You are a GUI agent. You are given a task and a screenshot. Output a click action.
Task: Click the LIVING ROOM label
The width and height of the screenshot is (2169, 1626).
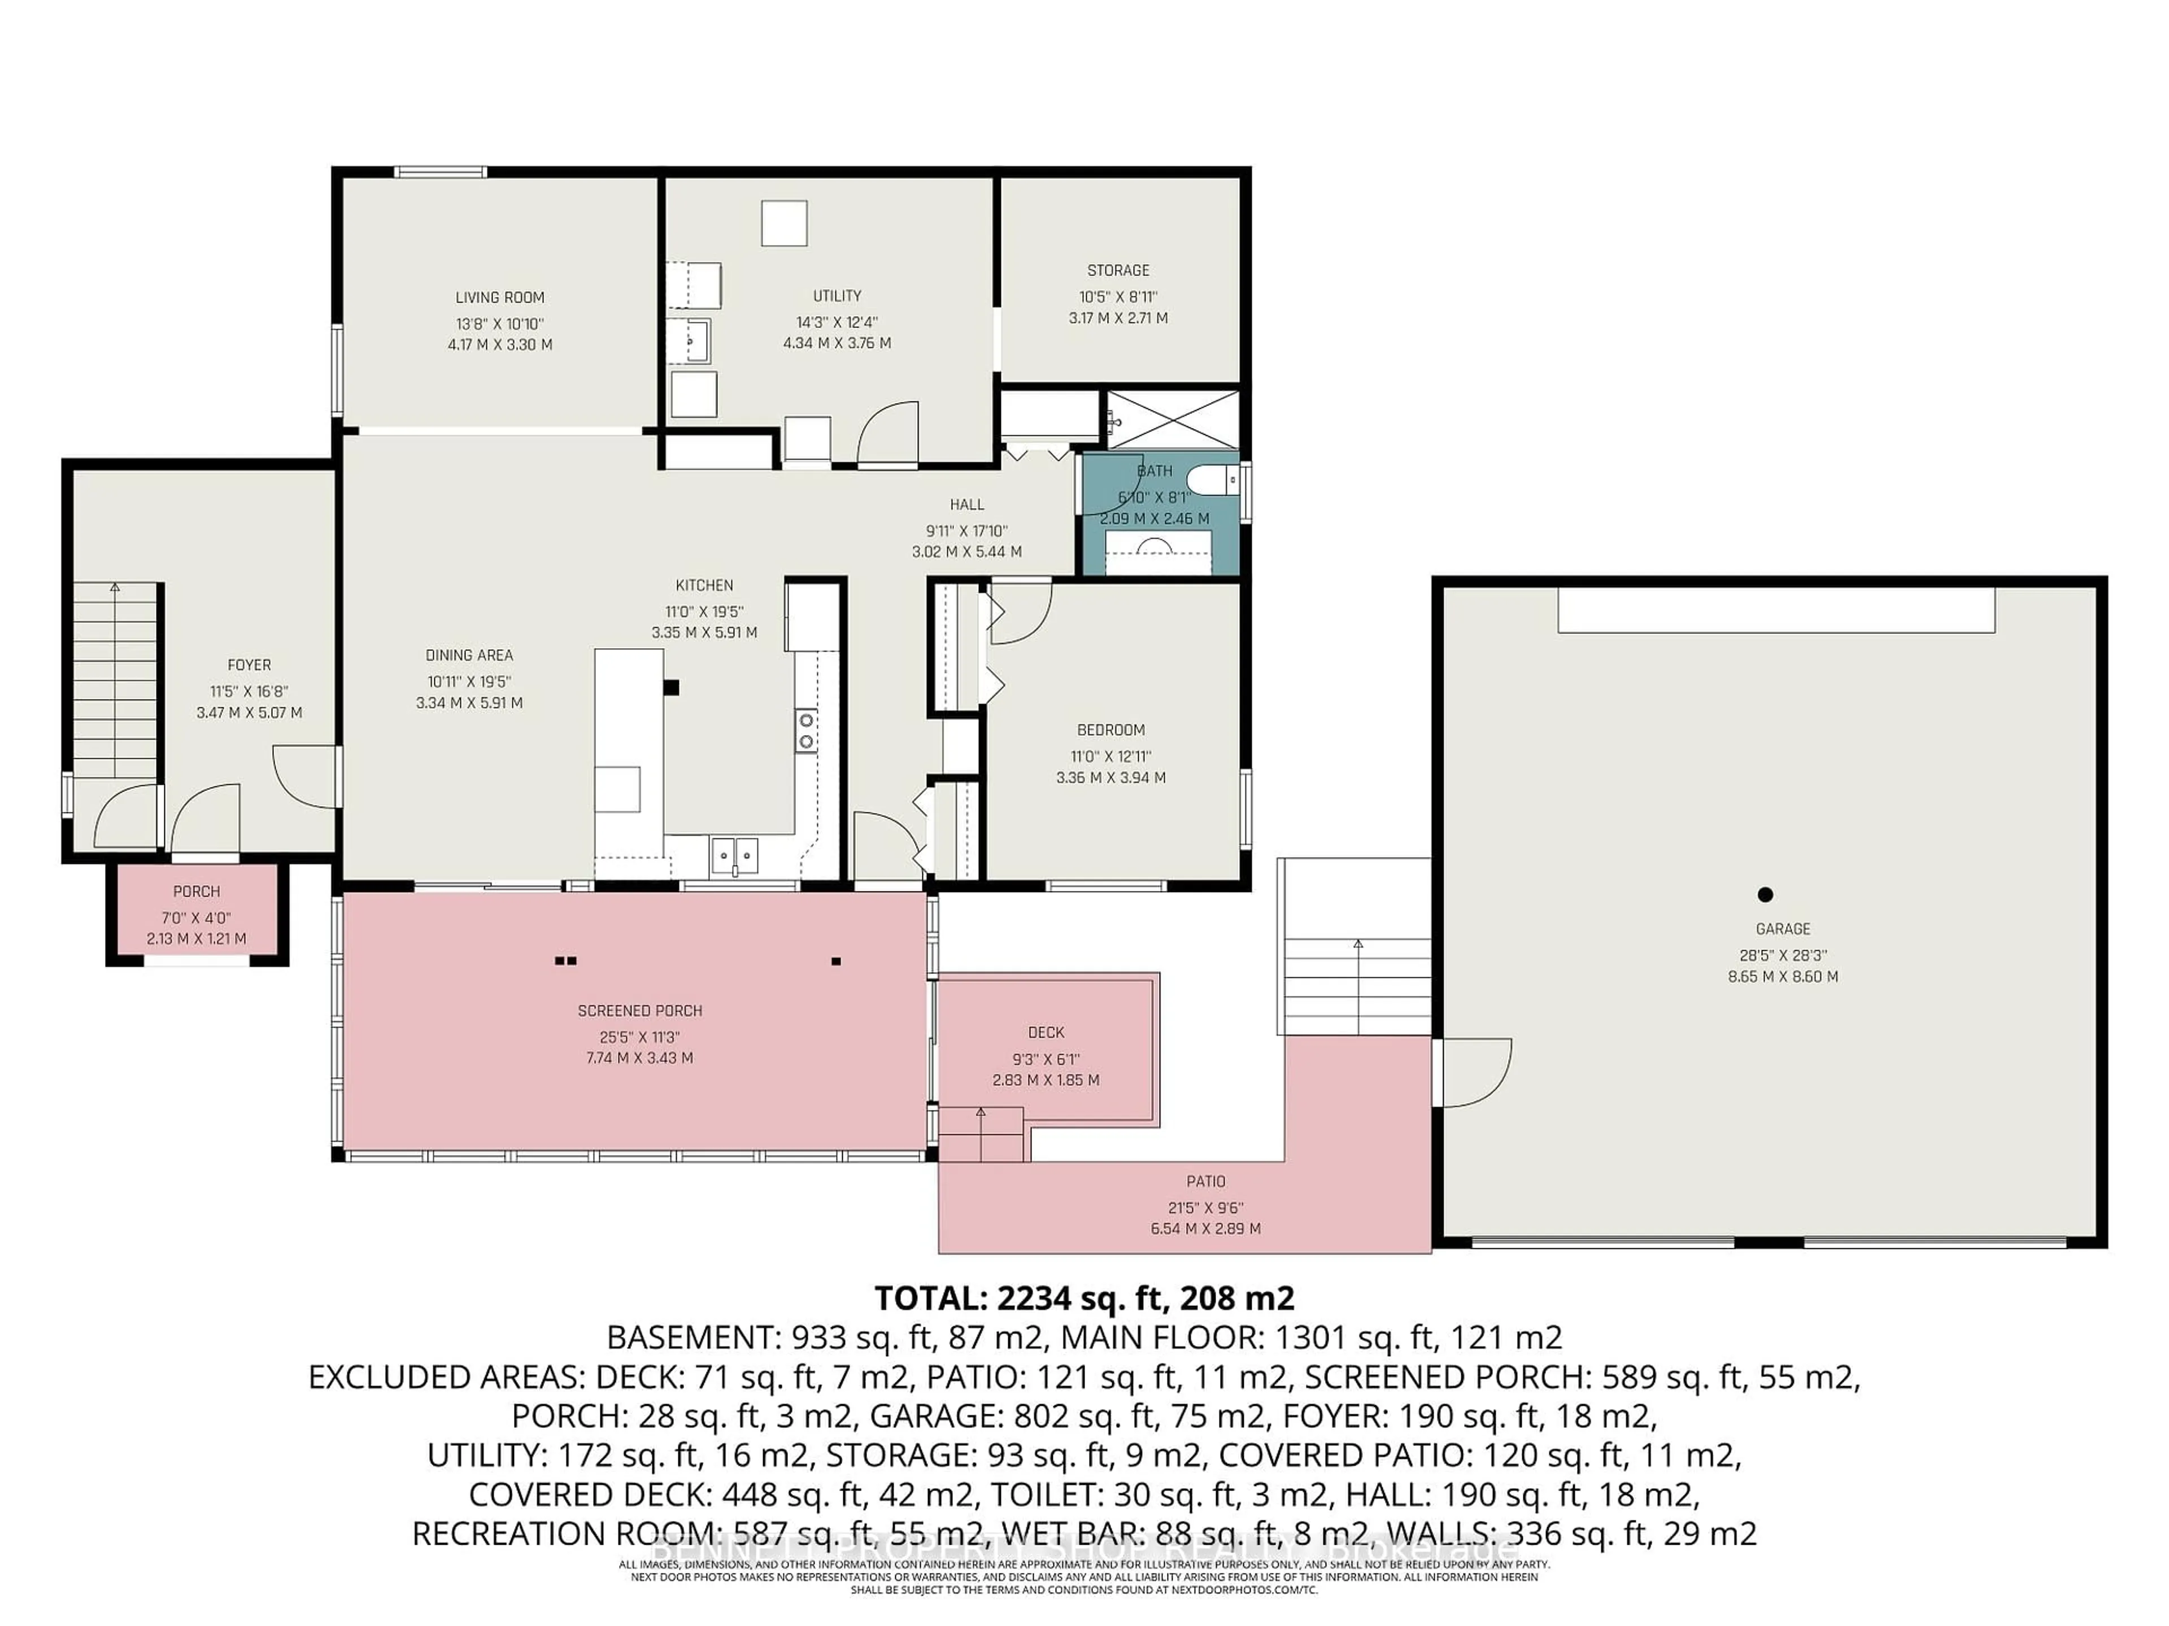pyautogui.click(x=499, y=297)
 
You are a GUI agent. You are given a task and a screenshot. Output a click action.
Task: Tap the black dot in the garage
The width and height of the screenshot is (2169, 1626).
pyautogui.click(x=1765, y=894)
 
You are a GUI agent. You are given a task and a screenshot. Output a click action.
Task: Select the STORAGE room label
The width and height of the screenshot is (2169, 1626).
pyautogui.click(x=1118, y=270)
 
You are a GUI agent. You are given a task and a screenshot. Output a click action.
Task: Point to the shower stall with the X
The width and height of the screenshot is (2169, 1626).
pyautogui.click(x=1173, y=419)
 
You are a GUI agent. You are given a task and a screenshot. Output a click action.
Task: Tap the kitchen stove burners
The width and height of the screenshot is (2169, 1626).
pyautogui.click(x=806, y=730)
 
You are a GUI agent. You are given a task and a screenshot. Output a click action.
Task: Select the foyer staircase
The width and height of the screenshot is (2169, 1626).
pyautogui.click(x=116, y=681)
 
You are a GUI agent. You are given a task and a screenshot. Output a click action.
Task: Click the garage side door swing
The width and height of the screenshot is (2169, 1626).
pyautogui.click(x=1476, y=1073)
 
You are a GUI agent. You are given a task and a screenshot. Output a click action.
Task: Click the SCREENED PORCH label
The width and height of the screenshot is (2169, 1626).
pyautogui.click(x=639, y=1011)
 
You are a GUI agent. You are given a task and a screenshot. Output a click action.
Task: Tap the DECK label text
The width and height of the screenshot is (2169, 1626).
pyautogui.click(x=1046, y=1032)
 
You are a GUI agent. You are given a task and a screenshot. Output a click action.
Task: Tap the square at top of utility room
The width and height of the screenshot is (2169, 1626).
pyautogui.click(x=785, y=224)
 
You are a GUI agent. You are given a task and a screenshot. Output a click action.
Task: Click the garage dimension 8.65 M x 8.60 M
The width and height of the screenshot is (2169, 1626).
pyautogui.click(x=1783, y=976)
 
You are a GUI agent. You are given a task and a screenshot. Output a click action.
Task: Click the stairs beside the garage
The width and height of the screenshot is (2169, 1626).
pyautogui.click(x=1357, y=985)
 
